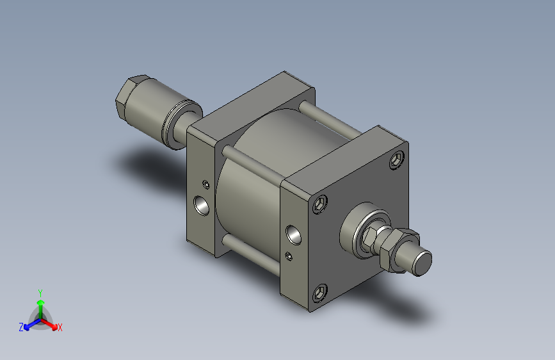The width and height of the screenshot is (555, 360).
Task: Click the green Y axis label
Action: (40, 291)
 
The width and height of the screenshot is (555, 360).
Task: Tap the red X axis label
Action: (60, 328)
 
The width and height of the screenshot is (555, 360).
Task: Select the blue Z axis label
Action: (21, 327)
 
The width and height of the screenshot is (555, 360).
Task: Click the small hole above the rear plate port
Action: (206, 184)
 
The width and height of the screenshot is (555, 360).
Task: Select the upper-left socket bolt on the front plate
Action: (320, 204)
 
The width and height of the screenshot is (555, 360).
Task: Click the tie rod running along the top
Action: (333, 122)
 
